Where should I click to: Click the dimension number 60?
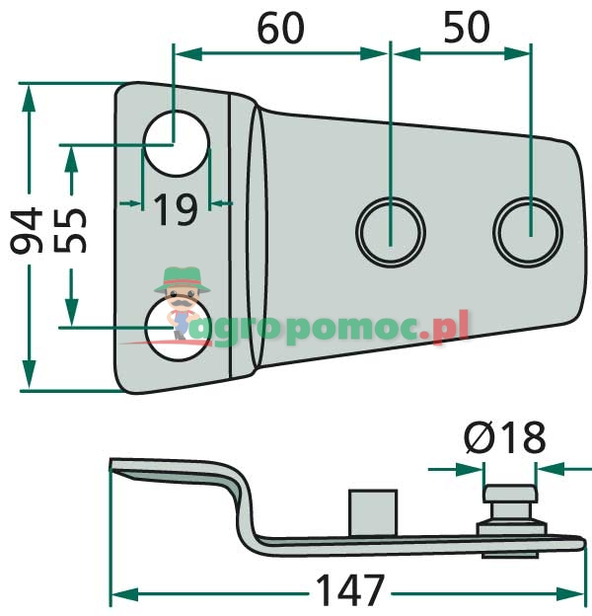click(280, 28)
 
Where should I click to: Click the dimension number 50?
click(467, 28)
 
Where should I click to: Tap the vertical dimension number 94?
click(26, 230)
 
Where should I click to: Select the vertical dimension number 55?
click(69, 230)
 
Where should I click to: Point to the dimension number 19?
click(176, 210)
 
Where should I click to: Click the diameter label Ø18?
click(505, 437)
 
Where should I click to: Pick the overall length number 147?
click(350, 590)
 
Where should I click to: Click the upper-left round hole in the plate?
click(176, 143)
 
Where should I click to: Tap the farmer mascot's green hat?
click(182, 280)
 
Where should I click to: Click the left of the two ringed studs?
click(390, 232)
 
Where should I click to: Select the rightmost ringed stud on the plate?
click(528, 232)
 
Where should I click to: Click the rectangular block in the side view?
click(373, 512)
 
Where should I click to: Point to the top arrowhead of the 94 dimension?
click(29, 99)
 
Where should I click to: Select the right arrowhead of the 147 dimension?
click(570, 594)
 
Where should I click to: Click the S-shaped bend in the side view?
click(242, 506)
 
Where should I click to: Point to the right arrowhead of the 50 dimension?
click(517, 54)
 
